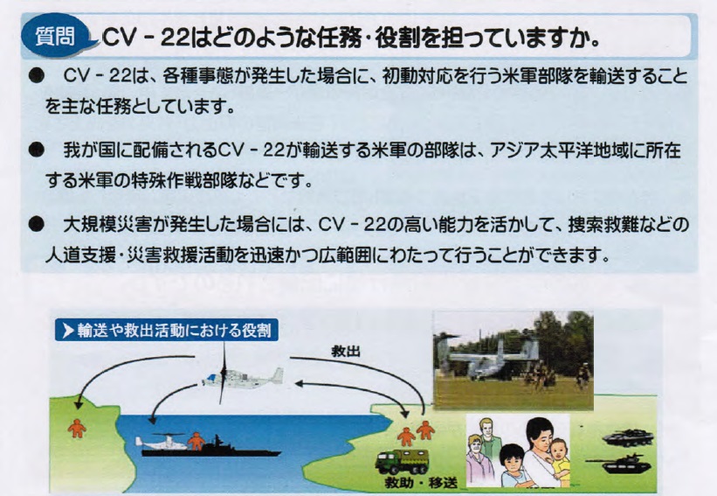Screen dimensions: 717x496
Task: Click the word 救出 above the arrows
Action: coord(346,352)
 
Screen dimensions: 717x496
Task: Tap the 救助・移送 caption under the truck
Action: coord(421,482)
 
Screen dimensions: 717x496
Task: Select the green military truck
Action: coord(402,461)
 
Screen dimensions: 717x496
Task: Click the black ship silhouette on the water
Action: coord(211,449)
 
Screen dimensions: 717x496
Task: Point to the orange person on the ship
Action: coord(196,441)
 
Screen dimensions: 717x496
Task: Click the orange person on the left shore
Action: coord(77,428)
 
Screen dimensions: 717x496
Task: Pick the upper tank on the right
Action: coord(628,437)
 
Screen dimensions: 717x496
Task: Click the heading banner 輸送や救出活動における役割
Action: coord(167,330)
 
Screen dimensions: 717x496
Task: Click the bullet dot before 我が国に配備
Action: coord(35,150)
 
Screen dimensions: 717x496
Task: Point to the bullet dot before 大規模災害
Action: coord(35,225)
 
